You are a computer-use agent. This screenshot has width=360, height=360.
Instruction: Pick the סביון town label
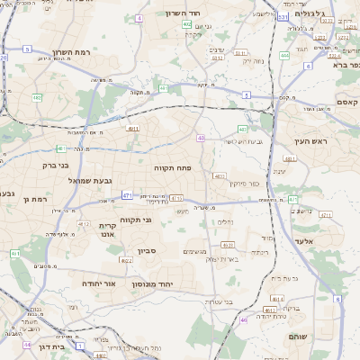pos(148,251)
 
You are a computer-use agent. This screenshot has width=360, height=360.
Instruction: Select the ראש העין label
pos(311,142)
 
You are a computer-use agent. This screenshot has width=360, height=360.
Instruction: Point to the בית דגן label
pos(55,346)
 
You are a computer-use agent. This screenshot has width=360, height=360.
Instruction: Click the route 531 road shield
pos(283,17)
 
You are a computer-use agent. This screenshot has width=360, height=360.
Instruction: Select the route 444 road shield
pos(284,56)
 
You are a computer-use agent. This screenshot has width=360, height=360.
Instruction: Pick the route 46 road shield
pos(243,319)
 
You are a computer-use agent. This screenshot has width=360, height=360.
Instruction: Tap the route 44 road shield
pos(28,344)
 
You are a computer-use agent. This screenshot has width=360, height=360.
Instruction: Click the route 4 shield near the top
pos(139,18)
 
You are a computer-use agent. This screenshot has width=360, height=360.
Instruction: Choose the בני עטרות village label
pos(216,301)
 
